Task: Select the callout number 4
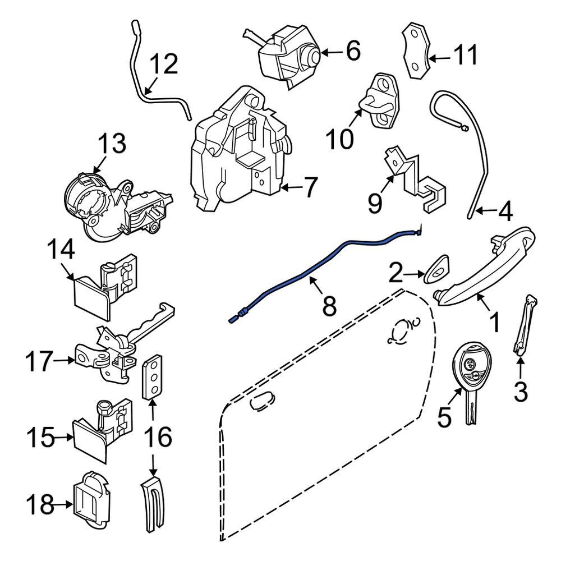coord(505,212)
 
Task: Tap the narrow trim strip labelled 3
coord(524,326)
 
